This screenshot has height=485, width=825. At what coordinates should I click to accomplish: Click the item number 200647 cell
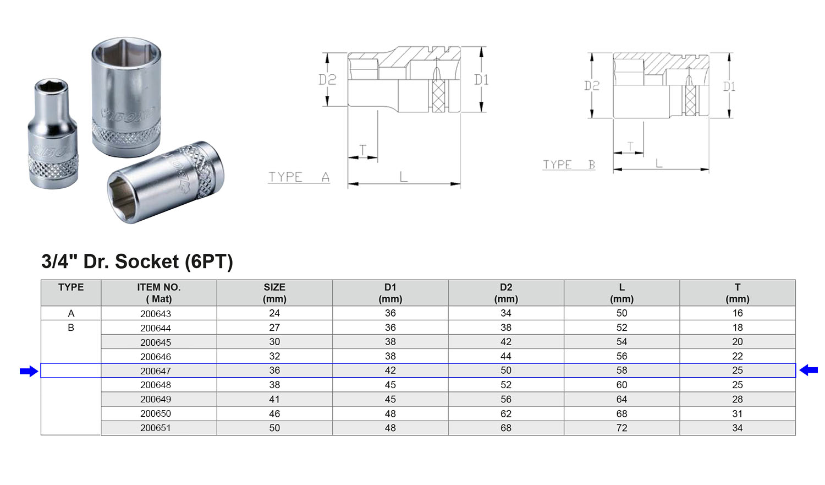click(156, 370)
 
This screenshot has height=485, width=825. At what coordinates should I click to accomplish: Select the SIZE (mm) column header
click(274, 293)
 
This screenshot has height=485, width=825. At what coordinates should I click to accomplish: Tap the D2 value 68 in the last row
click(505, 428)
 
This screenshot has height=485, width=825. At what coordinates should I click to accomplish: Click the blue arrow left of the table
click(29, 371)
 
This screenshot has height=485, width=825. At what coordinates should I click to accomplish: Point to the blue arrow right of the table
click(809, 370)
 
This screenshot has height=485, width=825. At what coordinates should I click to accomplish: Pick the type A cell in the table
click(71, 313)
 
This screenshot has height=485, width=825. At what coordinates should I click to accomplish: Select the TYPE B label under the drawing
click(569, 165)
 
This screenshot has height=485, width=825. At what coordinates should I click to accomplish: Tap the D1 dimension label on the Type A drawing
click(481, 80)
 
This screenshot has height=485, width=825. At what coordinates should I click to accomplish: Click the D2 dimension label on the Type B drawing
click(592, 85)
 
